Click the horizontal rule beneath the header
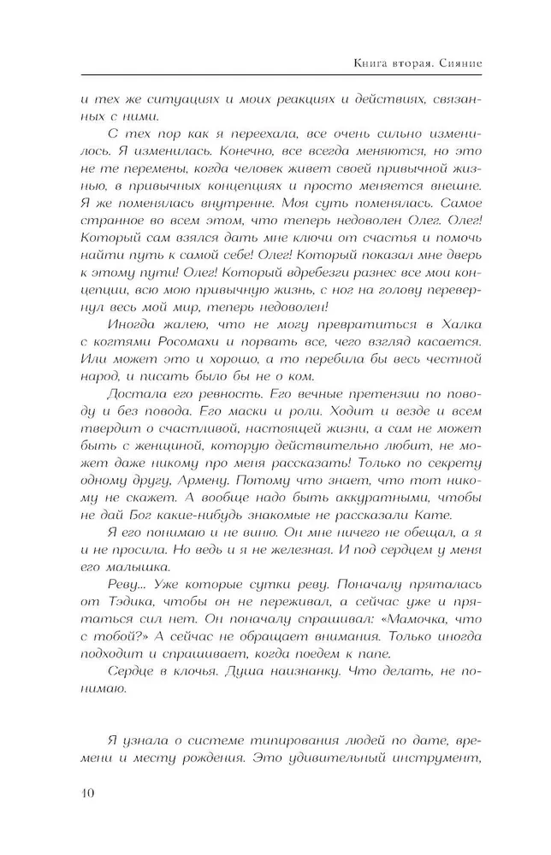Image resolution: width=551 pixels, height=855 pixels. tap(281, 76)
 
